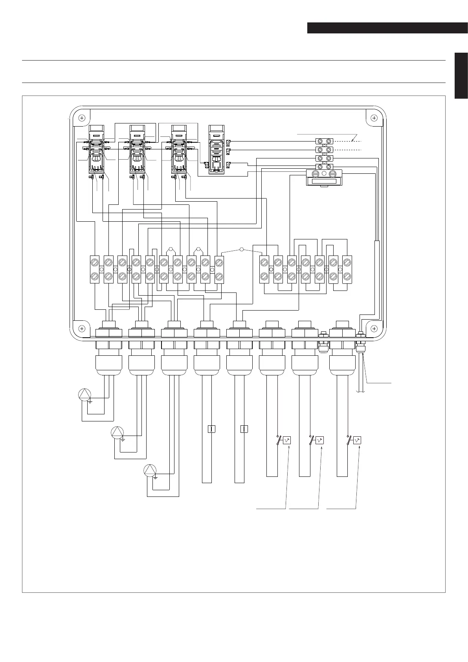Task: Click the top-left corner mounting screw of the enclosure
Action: (x=82, y=118)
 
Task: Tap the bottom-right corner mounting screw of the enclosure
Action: (x=374, y=328)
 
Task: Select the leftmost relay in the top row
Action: (x=97, y=149)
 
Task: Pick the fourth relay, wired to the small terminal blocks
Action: (x=217, y=149)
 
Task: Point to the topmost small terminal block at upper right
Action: (x=324, y=141)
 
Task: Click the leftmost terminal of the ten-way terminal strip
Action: (x=95, y=269)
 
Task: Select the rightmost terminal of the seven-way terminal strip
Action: (x=347, y=269)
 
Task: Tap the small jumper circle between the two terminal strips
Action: (x=242, y=250)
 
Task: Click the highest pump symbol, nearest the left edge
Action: (x=85, y=394)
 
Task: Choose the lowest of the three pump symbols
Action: (x=150, y=471)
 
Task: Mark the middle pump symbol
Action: (x=117, y=432)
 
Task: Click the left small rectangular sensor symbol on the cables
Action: (x=211, y=429)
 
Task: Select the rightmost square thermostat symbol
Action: (x=357, y=441)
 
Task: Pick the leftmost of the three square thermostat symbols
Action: (x=287, y=441)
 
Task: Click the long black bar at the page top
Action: (x=387, y=28)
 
